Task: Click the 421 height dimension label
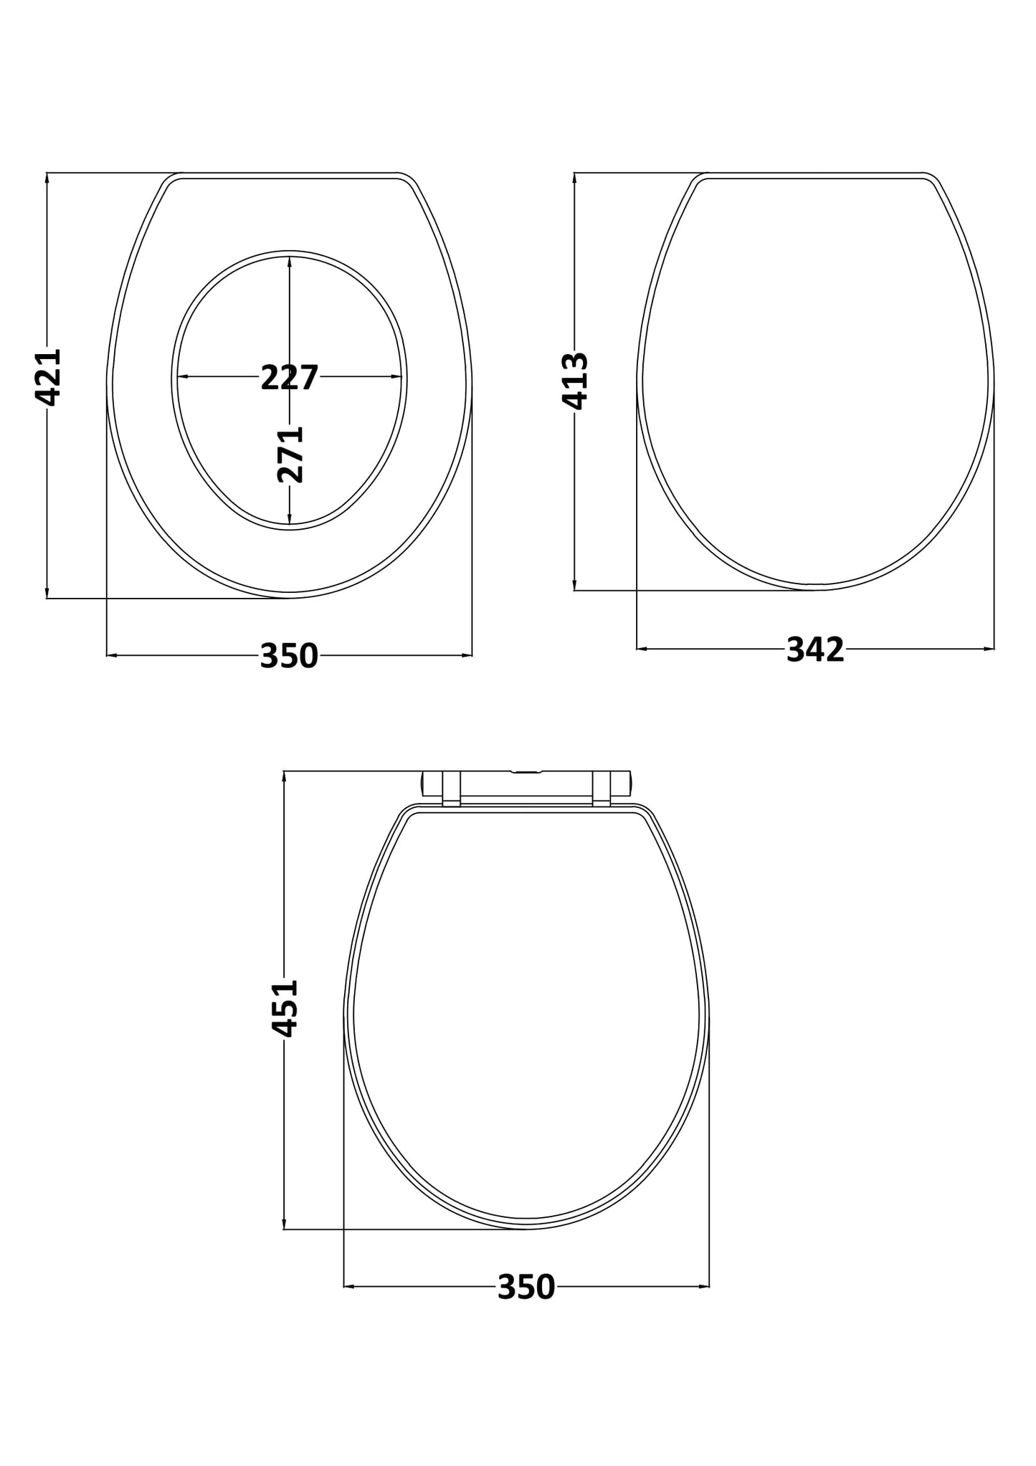point(48,378)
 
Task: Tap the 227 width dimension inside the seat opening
point(289,378)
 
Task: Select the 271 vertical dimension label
point(290,454)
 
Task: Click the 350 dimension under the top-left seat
point(289,655)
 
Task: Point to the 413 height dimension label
point(575,381)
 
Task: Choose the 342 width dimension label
point(815,649)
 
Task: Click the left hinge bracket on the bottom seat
point(451,789)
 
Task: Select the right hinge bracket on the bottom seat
point(601,789)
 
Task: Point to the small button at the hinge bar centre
point(526,773)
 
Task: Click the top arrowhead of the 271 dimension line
point(290,262)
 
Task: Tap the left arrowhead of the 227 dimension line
point(182,377)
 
